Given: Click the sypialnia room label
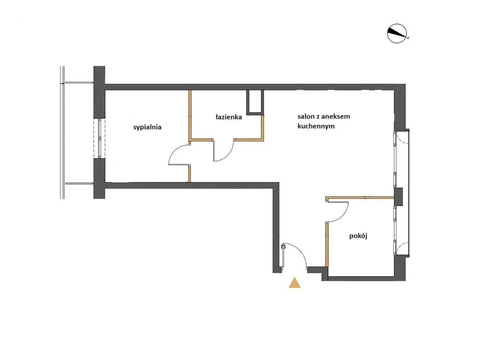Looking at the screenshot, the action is click(x=147, y=127).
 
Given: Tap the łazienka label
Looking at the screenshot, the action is click(x=228, y=117).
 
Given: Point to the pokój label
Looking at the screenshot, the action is click(x=358, y=236).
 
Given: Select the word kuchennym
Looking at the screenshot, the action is click(x=316, y=127).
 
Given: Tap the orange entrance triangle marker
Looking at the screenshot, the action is click(x=294, y=283).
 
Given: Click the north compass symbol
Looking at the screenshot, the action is click(x=396, y=33).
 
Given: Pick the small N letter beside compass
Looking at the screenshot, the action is click(x=408, y=38).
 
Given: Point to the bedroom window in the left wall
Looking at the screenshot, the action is click(x=99, y=138).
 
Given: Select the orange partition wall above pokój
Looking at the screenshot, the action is click(x=360, y=198).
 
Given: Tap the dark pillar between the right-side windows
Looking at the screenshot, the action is click(x=398, y=197).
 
